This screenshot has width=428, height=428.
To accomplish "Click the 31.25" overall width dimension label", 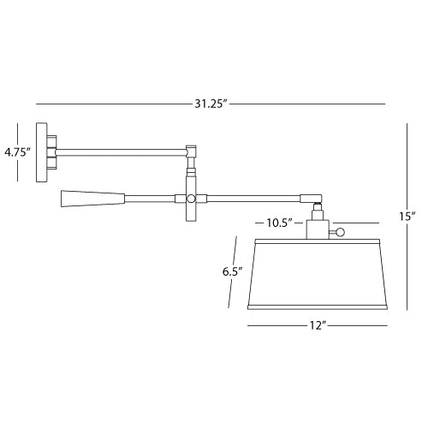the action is pos(211,104).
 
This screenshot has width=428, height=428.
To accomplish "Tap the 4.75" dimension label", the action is pos(17,152).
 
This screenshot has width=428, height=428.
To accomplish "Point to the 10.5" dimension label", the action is pos(280,223).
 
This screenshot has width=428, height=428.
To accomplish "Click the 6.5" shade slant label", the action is pos(233,271).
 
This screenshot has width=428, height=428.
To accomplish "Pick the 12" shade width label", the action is pos(318,325).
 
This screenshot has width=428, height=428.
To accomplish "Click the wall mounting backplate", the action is pos(42,152).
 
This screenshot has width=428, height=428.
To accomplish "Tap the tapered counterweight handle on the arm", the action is pos(93,199).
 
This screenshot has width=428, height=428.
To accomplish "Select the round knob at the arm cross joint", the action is pos(191,199).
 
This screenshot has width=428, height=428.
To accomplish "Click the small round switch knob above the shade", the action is pos(340,232).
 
